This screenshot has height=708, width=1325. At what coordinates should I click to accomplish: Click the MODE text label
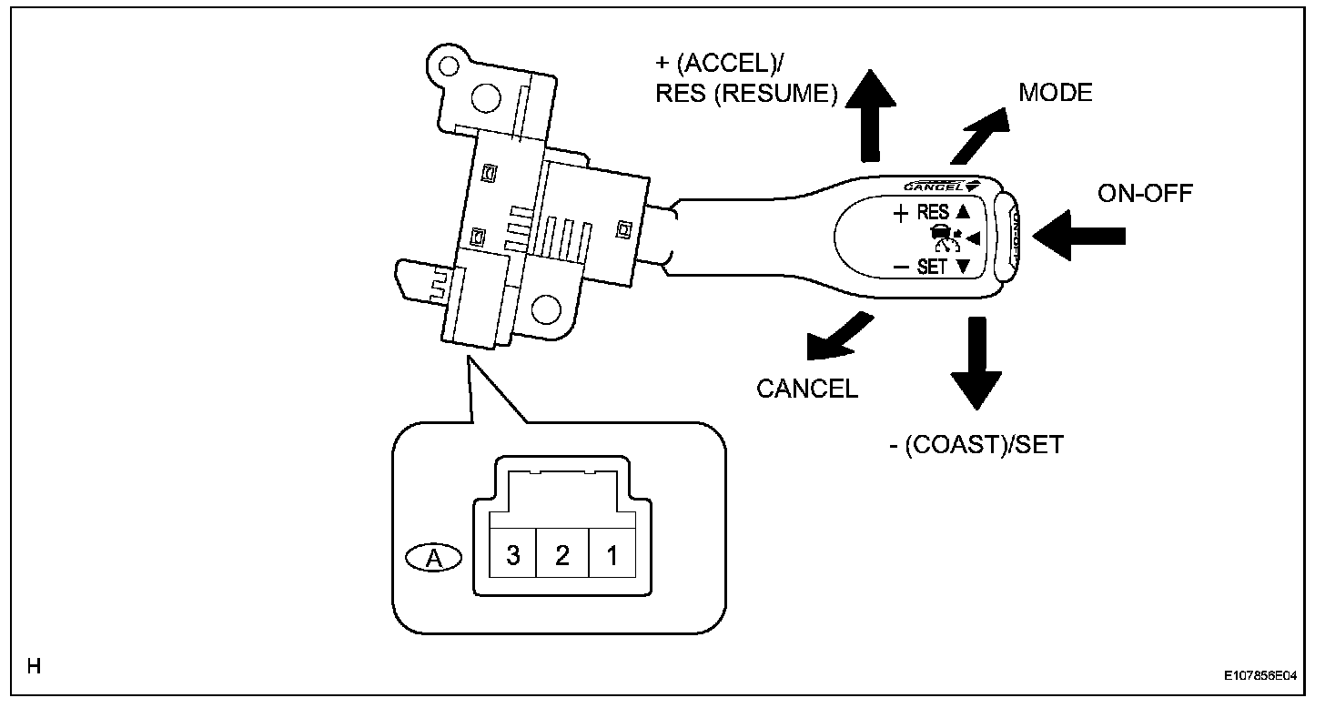(1056, 93)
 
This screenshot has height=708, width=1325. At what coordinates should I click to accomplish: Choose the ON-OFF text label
(1145, 193)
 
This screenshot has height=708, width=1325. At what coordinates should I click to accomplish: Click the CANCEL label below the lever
(807, 389)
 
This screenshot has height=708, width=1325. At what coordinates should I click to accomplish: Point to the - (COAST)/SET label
(976, 446)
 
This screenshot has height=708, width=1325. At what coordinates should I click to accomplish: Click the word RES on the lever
(933, 213)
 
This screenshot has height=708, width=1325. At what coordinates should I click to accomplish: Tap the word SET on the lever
(932, 268)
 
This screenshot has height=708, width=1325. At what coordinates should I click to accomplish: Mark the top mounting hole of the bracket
(484, 97)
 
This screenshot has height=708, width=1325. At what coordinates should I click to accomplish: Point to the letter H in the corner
(34, 668)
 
